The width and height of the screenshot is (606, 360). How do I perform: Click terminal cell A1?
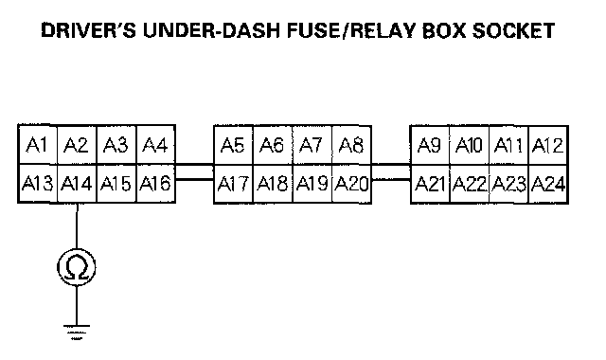coord(38,145)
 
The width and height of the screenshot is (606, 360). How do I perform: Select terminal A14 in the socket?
coord(77,183)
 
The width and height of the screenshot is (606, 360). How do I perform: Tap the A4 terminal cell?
coord(155,145)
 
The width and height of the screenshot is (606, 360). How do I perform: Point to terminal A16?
coord(155,183)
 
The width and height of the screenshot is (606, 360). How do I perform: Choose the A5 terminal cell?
coord(234,145)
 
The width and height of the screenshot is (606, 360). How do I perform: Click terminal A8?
coord(351,145)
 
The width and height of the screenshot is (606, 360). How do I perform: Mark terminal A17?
coord(234,184)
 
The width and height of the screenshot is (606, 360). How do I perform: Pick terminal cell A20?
coord(351,184)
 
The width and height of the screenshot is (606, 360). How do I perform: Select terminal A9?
coord(430,145)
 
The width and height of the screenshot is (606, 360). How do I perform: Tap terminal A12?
coord(548,145)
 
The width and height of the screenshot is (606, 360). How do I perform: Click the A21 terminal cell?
coord(430,184)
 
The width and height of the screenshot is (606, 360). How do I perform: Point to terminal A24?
coord(548,184)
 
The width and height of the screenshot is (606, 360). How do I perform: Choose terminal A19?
coord(312,184)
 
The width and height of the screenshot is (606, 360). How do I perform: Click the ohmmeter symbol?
coord(77,267)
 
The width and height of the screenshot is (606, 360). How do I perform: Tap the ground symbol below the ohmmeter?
coord(77,333)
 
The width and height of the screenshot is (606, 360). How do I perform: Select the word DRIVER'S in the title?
coord(88,30)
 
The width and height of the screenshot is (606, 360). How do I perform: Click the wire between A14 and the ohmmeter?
coord(77,225)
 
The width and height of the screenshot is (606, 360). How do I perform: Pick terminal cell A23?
coord(508,184)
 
